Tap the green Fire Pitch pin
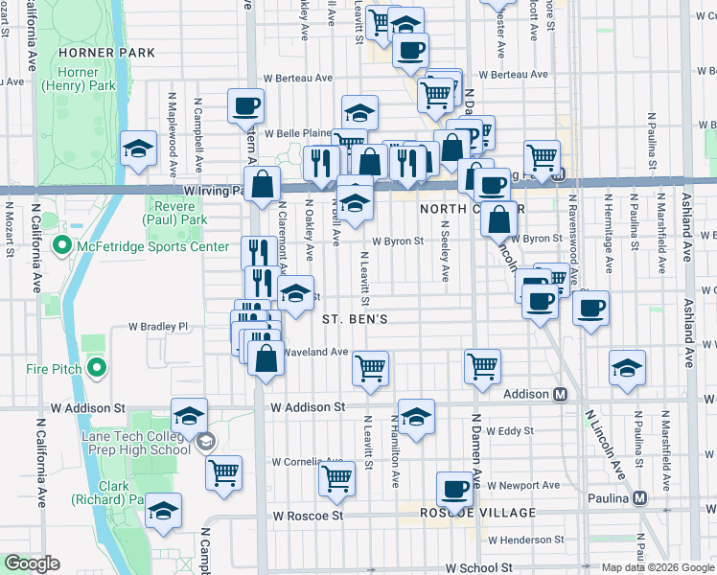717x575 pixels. (96, 367)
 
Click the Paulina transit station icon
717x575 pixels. (640, 498)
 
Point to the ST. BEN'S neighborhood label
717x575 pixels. (355, 318)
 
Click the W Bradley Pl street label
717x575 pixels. (160, 326)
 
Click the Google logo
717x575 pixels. (33, 563)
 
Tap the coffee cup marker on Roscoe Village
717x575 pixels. (455, 490)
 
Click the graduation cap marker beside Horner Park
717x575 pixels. (138, 149)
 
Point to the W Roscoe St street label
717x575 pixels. (308, 516)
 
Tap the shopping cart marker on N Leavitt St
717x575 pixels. (370, 367)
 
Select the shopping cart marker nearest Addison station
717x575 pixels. (482, 365)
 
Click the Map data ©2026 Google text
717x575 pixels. (657, 567)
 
